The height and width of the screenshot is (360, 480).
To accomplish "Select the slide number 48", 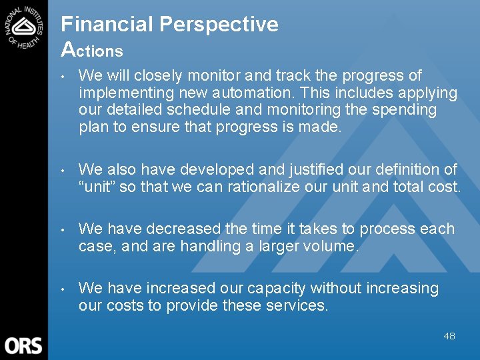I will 449,336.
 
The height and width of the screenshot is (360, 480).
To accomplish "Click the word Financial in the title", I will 107,25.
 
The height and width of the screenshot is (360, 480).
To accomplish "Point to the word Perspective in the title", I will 219,25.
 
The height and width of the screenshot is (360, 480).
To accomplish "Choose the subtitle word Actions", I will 92,50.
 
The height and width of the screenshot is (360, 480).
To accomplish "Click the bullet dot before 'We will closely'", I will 63,76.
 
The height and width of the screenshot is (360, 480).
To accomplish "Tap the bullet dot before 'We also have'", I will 63,170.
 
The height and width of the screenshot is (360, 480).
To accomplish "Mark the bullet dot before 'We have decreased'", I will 63,229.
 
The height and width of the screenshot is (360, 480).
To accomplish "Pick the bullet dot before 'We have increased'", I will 63,289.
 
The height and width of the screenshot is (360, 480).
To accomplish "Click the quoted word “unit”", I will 97,187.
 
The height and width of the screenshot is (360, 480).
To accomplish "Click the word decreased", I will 183,229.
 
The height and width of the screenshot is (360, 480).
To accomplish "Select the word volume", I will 331,246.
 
